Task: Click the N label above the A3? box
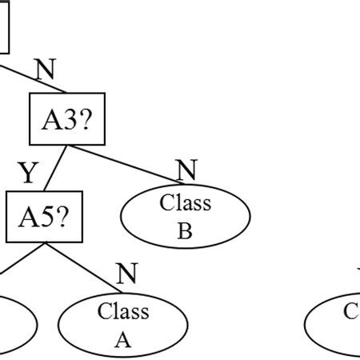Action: click(x=46, y=70)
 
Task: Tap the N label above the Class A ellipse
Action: click(x=126, y=274)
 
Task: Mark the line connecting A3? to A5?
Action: click(x=53, y=167)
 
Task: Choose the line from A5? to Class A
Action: click(x=88, y=265)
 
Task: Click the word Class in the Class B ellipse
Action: click(x=185, y=202)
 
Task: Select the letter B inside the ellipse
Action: click(x=185, y=232)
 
